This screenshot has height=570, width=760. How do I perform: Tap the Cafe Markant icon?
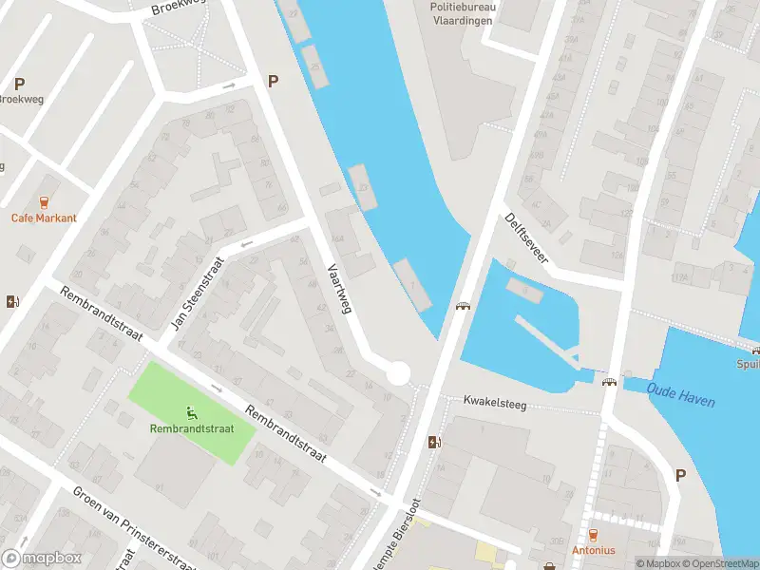coord(44,201)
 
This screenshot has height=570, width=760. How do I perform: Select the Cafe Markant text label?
coord(44,218)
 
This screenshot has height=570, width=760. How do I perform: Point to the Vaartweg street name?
coord(339,286)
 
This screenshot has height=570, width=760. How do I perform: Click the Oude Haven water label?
coord(681,393)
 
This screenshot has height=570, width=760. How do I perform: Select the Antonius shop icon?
coord(594,535)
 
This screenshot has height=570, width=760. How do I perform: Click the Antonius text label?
coord(594,550)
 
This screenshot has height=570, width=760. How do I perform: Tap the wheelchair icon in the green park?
coord(192,412)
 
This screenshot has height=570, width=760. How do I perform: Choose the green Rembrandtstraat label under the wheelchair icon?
coord(192,428)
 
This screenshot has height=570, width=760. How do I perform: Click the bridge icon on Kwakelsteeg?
coord(609,382)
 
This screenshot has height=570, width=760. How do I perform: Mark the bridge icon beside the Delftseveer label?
coord(464,306)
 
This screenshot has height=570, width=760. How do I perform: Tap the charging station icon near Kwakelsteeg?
coord(435,442)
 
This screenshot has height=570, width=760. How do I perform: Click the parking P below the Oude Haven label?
coord(680,475)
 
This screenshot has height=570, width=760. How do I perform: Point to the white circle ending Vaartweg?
coord(398,373)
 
